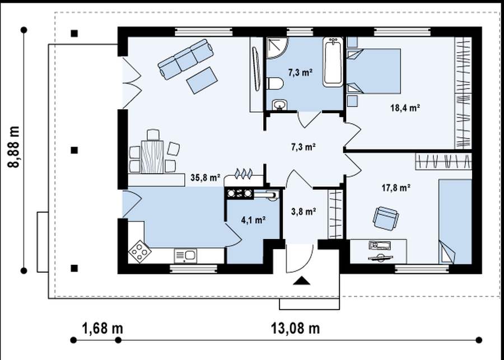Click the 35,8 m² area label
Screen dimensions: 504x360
pyautogui.click(x=205, y=177)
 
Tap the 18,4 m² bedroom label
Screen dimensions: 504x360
pyautogui.click(x=405, y=108)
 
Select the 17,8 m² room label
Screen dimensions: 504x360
pyautogui.click(x=396, y=188)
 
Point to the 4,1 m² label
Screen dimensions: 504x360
pyautogui.click(x=253, y=220)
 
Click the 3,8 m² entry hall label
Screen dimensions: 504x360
pyautogui.click(x=304, y=211)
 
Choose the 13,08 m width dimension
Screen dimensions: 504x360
pyautogui.click(x=296, y=329)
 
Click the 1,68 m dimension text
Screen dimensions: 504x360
pyautogui.click(x=102, y=329)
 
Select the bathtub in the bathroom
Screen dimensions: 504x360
pyautogui.click(x=333, y=62)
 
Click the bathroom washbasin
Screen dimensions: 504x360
pyautogui.click(x=279, y=105)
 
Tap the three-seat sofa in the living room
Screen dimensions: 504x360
pyautogui.click(x=186, y=59)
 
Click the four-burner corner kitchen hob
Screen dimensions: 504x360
pyautogui.click(x=139, y=251)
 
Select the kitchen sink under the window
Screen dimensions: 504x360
pyautogui.click(x=185, y=256)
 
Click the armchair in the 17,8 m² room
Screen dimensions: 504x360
pyautogui.click(x=386, y=218)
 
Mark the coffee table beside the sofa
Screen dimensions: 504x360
pyautogui.click(x=202, y=80)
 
